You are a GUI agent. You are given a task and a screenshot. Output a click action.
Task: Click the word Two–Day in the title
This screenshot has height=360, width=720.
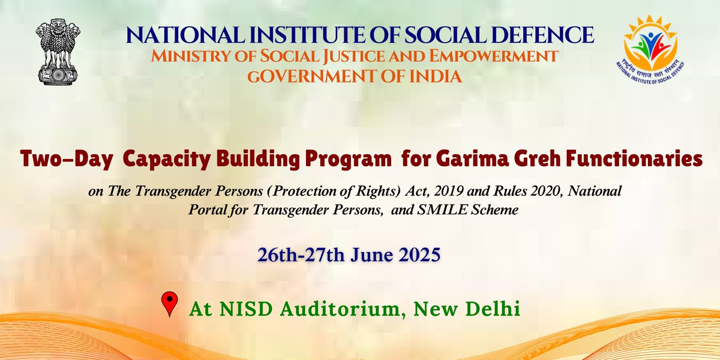[x=56, y=160]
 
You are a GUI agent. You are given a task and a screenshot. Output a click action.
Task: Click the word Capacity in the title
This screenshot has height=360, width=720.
[x=154, y=160]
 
